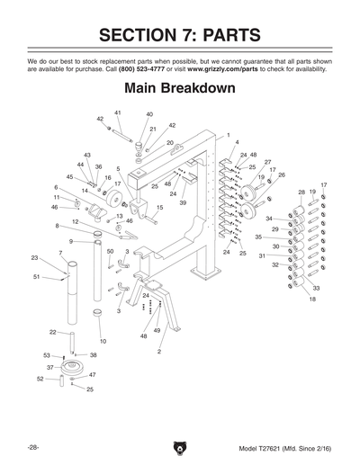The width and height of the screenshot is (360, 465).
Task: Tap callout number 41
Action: [x=118, y=112]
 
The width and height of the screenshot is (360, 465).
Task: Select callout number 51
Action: [x=36, y=277]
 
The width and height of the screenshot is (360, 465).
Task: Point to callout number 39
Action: [x=183, y=203]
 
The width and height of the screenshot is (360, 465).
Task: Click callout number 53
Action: [x=47, y=355]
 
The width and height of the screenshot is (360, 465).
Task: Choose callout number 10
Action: [x=103, y=342]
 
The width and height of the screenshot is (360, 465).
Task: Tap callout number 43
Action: [x=87, y=155]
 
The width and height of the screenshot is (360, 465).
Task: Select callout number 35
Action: [x=258, y=237]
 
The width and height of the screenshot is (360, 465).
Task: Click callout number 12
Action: [x=76, y=221]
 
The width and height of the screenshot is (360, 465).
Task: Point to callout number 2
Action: [x=159, y=352]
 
